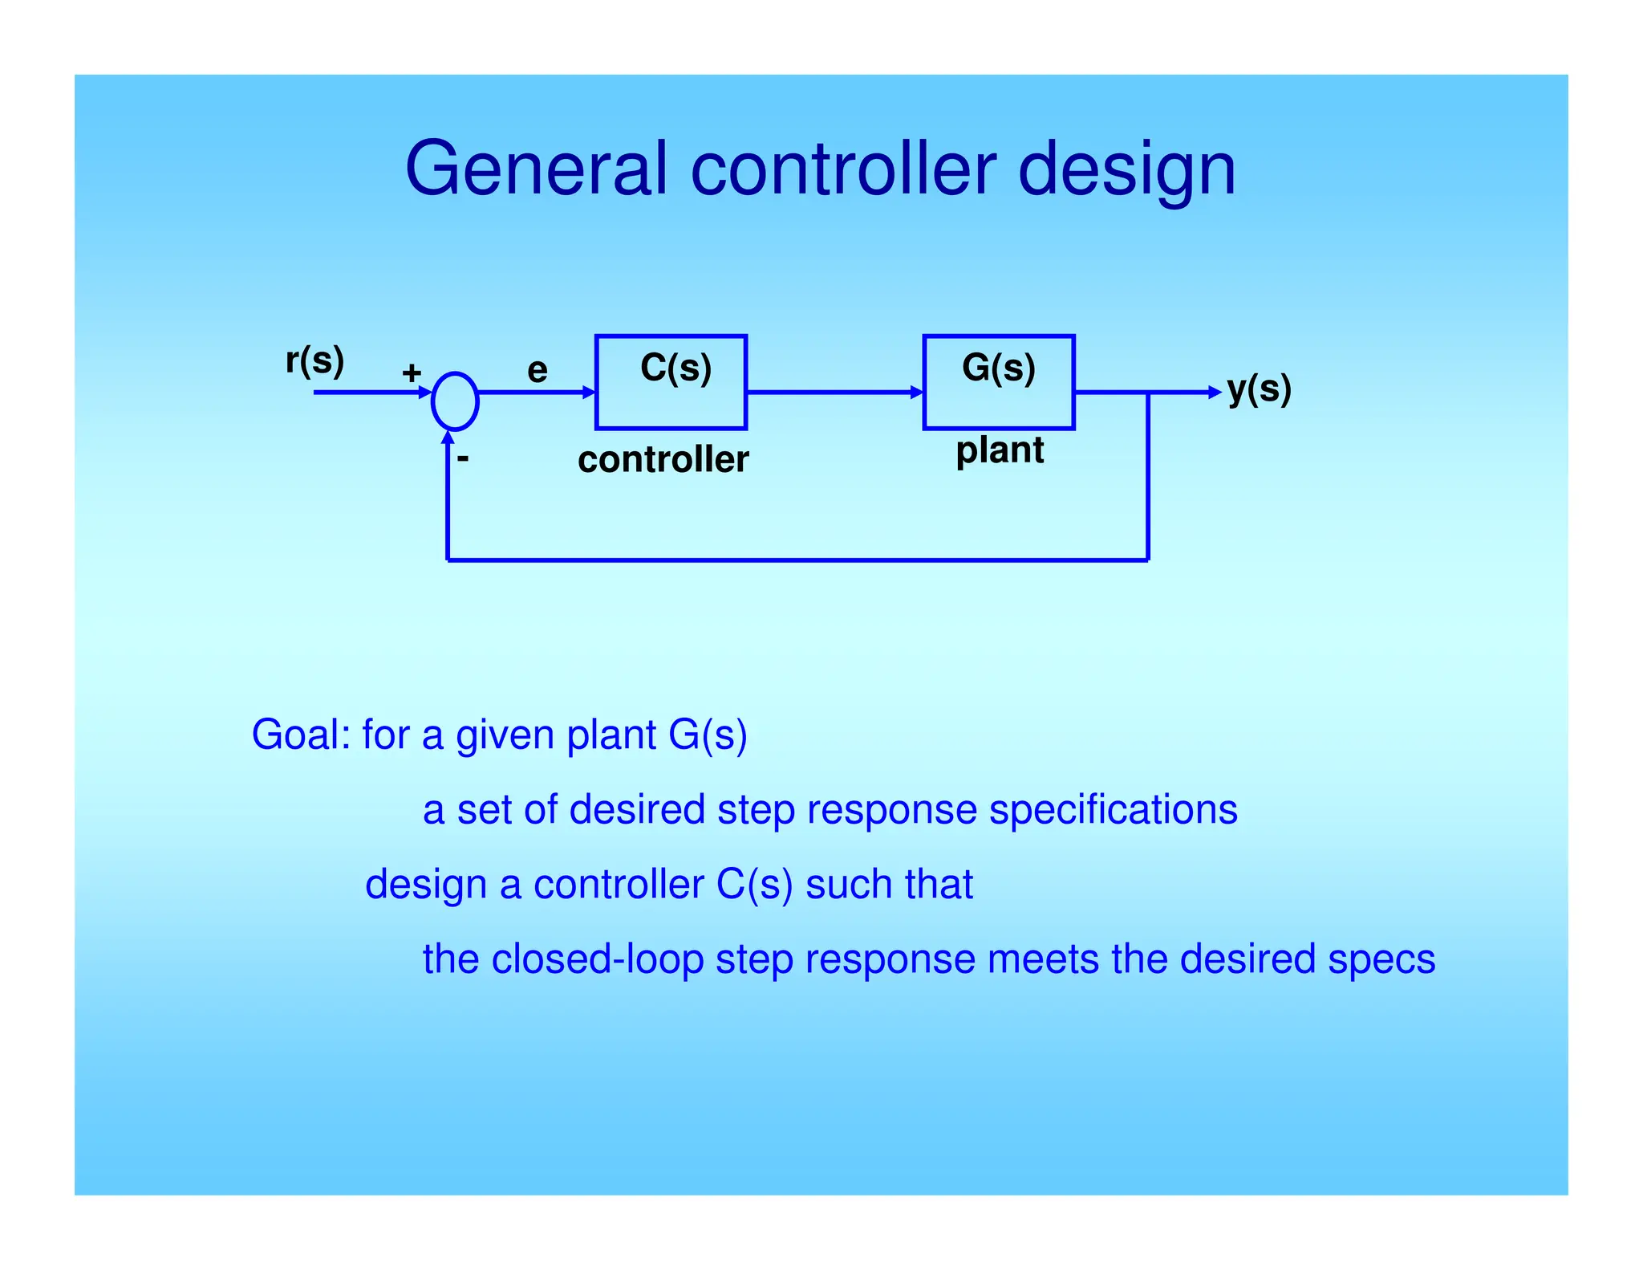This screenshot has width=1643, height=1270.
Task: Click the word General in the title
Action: tap(536, 169)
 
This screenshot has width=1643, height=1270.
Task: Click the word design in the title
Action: tap(1126, 170)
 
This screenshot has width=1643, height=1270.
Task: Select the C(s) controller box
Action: tap(671, 383)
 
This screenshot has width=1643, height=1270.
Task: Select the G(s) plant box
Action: tap(999, 383)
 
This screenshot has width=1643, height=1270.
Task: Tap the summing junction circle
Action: tap(455, 401)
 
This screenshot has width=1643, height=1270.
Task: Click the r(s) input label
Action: tap(314, 360)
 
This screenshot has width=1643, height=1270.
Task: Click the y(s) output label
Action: tap(1259, 389)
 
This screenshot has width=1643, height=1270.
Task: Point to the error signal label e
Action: tap(538, 370)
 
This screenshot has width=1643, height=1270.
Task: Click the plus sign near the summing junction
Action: tap(412, 372)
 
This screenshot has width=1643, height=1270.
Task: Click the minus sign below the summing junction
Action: tap(463, 459)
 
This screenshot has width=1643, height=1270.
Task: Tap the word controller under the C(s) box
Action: tap(663, 460)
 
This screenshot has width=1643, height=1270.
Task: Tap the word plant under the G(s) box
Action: tap(1000, 450)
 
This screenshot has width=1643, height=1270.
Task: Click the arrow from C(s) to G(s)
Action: tap(834, 393)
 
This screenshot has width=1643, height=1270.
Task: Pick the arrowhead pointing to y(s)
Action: tap(1215, 393)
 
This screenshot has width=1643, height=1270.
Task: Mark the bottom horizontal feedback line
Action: tap(797, 560)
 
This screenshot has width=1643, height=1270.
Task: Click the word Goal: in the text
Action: tap(301, 735)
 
